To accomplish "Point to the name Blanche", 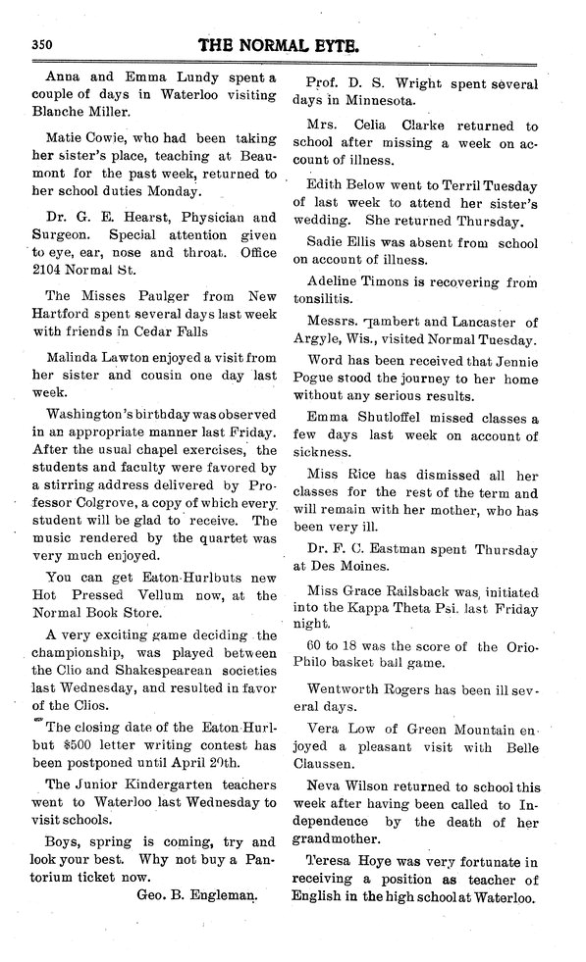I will (x=67, y=112).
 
